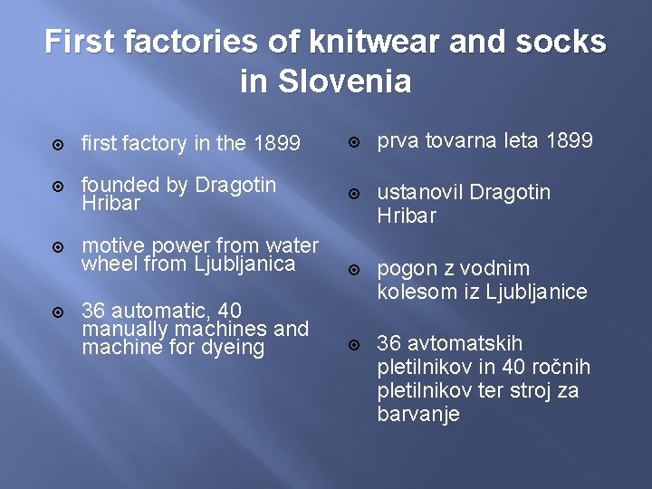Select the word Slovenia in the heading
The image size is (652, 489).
click(344, 81)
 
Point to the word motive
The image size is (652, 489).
click(113, 245)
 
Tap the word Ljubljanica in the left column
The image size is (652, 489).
click(244, 264)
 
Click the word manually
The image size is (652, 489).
click(123, 329)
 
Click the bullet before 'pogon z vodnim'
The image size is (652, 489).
click(355, 270)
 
